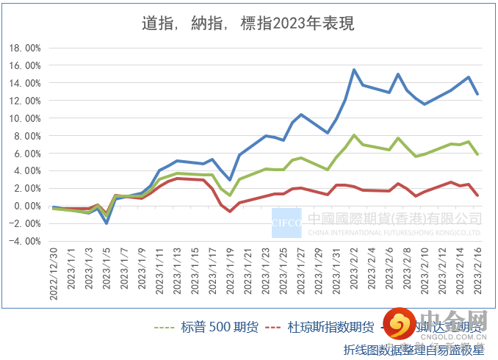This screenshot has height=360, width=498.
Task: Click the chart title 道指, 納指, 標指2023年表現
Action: click(248, 24)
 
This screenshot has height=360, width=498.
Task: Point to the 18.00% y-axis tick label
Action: click(24, 48)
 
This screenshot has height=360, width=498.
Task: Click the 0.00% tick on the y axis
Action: click(26, 206)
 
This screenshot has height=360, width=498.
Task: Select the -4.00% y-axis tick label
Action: click(24, 241)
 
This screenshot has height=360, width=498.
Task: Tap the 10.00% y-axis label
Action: click(24, 118)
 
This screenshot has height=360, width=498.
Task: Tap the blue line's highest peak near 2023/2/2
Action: click(354, 70)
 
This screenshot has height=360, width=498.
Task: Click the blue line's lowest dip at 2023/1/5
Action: click(107, 223)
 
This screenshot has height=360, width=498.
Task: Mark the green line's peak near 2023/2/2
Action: click(354, 135)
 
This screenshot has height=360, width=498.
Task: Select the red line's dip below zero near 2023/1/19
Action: click(230, 212)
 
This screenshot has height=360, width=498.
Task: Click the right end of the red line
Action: click(478, 195)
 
